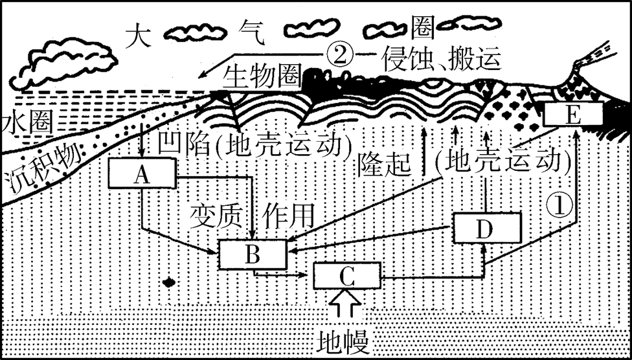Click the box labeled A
pyautogui.click(x=144, y=174)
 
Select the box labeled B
pyautogui.click(x=253, y=254)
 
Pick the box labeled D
pyautogui.click(x=487, y=228)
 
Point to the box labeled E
pyautogui.click(x=573, y=115)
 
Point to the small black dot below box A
pyautogui.click(x=169, y=282)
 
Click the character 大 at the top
pyautogui.click(x=138, y=34)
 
